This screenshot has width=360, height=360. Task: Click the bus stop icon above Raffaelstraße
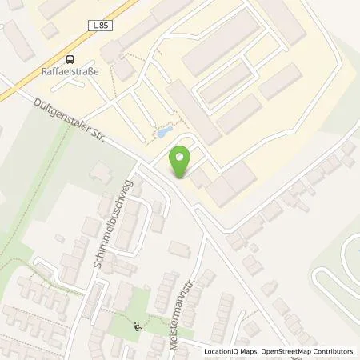click(x=71, y=58)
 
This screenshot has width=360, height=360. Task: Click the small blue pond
click(x=162, y=132)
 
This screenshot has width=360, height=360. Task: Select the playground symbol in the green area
click(x=137, y=325)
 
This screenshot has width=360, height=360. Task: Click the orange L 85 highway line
click(x=32, y=80)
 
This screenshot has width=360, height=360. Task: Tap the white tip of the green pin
click(x=182, y=176)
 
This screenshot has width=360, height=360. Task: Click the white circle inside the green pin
click(x=182, y=155)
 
